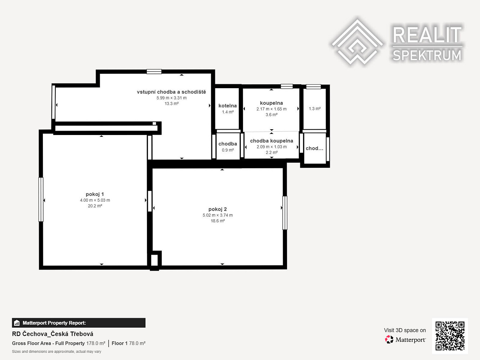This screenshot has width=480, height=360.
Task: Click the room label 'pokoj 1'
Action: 95,194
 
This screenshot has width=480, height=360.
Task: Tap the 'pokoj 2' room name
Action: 217,209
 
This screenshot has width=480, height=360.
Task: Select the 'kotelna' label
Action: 228,106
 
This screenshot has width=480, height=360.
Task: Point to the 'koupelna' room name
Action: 272,103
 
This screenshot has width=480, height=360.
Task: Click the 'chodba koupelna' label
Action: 272,141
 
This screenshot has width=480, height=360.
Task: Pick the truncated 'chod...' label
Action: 314,148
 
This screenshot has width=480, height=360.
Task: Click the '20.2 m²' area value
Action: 95,206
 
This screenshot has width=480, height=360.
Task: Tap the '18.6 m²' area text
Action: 217,221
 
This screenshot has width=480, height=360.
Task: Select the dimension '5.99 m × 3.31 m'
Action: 171,98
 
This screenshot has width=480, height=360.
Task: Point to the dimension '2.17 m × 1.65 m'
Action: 272,109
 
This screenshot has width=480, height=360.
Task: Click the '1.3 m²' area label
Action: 315,109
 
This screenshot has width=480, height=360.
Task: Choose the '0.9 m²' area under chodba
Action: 228,150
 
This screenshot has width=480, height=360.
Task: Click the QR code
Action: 450,336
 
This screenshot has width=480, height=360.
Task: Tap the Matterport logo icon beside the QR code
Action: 389,339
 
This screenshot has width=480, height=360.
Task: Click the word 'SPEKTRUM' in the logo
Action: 427,55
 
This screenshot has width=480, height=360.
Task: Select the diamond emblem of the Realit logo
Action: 357,42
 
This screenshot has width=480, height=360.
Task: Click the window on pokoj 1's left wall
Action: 41,199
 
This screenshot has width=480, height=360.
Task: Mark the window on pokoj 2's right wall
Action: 285,213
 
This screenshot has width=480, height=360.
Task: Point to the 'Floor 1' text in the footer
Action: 120,343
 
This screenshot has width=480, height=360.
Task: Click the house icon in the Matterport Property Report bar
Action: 17,323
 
